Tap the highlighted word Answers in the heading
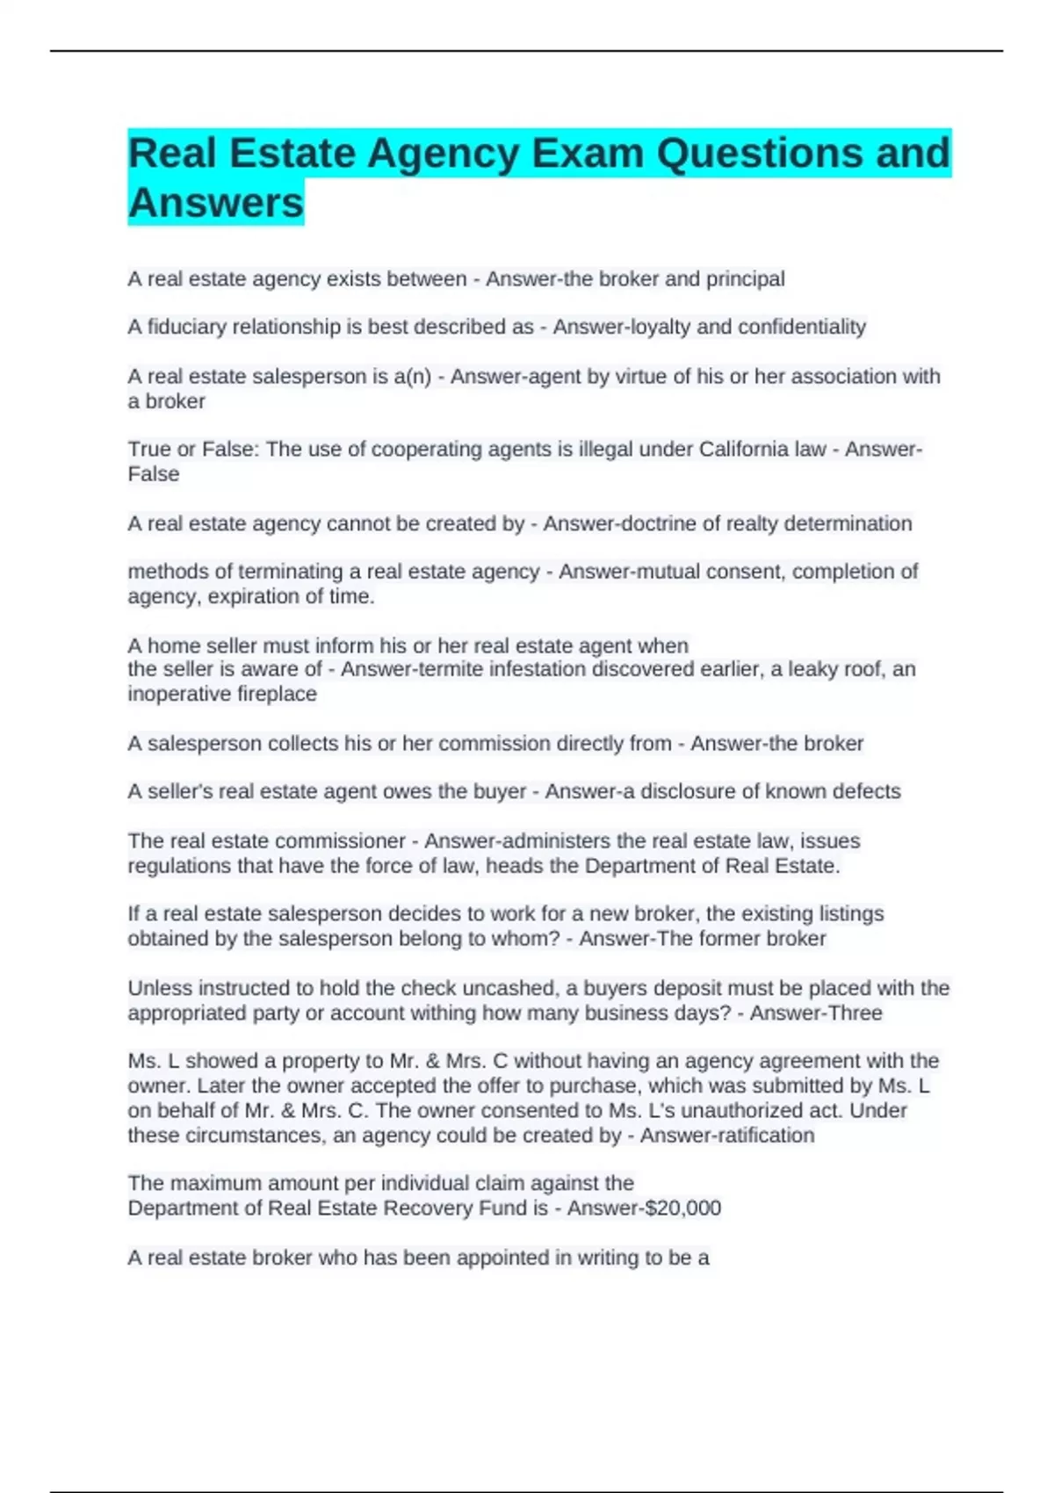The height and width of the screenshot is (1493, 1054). [x=216, y=203]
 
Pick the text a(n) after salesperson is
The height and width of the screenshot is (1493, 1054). [x=412, y=377]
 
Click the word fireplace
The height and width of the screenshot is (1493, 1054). [x=275, y=694]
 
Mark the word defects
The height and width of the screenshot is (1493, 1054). [x=867, y=791]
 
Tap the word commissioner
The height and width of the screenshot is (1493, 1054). [x=341, y=841]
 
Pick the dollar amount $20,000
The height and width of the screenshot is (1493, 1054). [x=682, y=1208]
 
